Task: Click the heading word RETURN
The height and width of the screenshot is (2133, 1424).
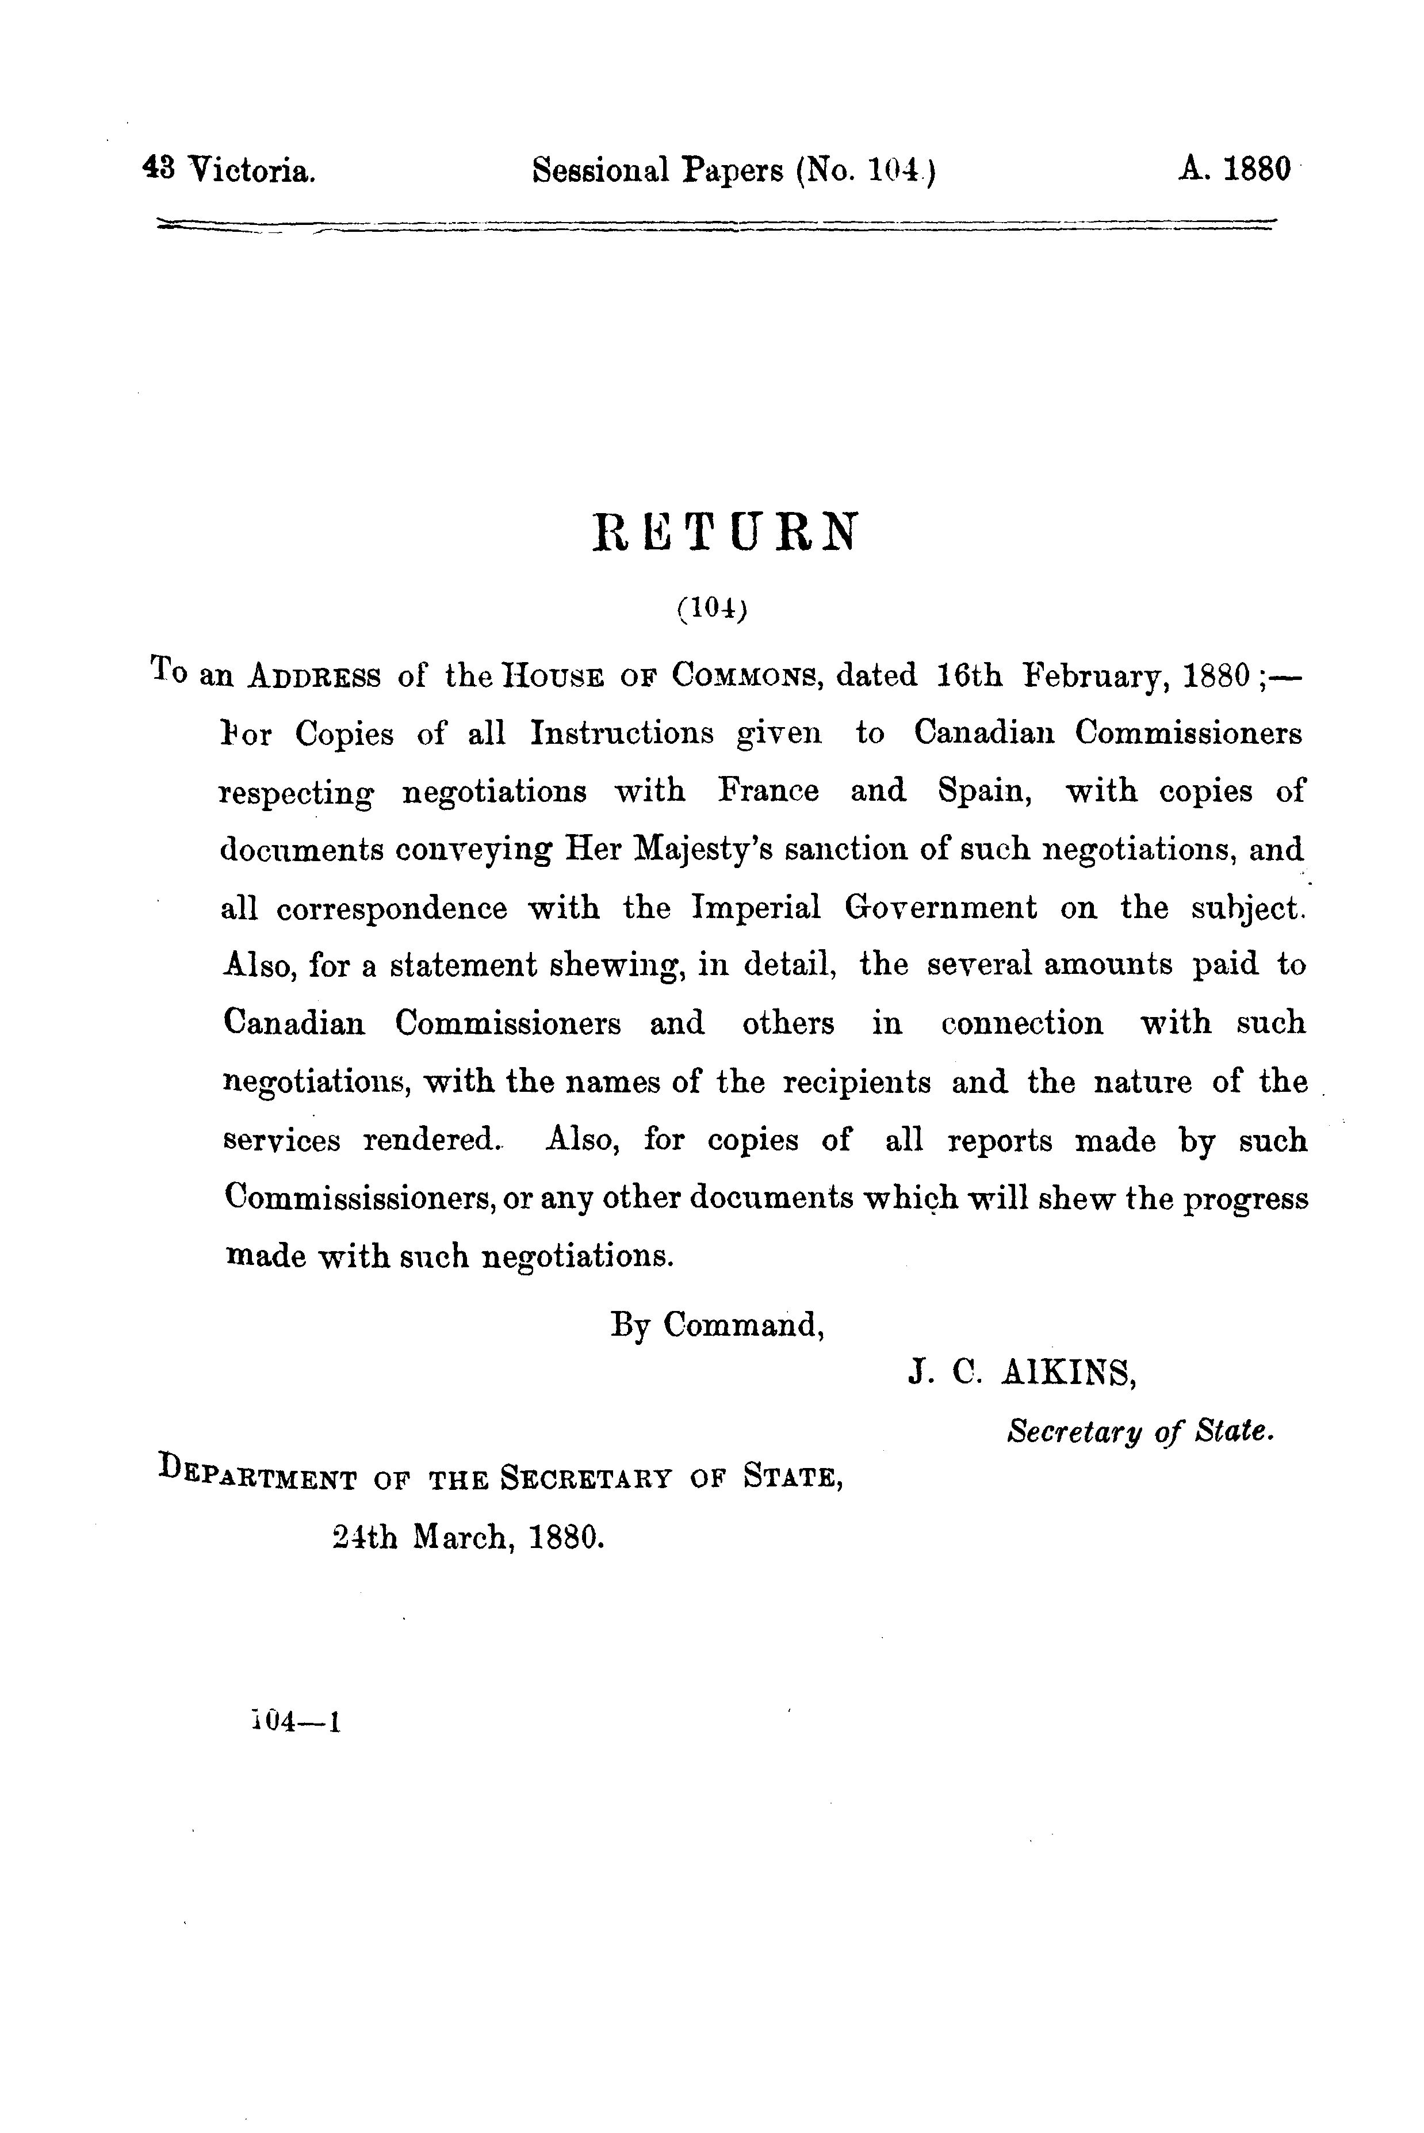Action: tap(724, 533)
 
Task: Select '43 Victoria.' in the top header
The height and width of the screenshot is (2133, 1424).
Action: tap(230, 170)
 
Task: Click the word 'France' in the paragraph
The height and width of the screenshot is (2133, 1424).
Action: tap(768, 791)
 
